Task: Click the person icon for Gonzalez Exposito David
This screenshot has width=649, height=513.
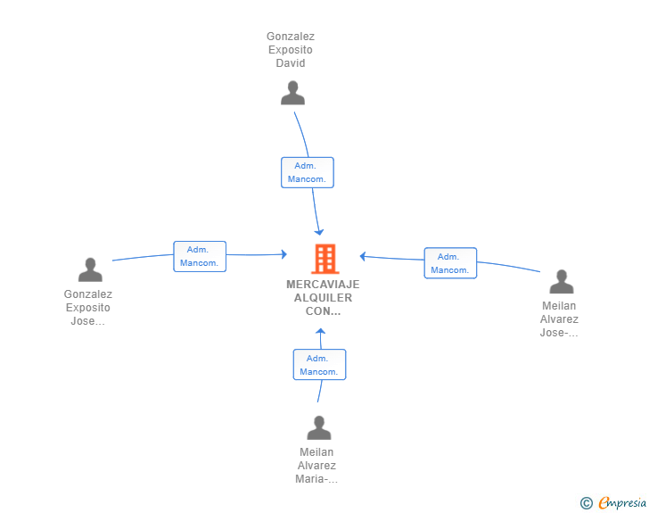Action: pos(292,93)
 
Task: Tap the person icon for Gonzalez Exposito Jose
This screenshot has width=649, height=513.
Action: pos(90,269)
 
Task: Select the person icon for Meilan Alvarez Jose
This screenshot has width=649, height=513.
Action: pos(562,281)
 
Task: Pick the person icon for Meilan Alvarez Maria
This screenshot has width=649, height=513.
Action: pos(319,427)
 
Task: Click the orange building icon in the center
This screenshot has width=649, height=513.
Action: pos(325,259)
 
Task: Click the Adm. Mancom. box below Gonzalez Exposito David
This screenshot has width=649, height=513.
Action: pos(308,172)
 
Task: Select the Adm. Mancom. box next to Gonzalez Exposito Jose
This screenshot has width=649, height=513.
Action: pos(200,257)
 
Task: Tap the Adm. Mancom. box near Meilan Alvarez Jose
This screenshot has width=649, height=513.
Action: pos(450,263)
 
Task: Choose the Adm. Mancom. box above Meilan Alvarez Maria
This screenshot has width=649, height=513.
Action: pos(319,365)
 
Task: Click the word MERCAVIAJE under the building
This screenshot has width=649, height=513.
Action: pos(323,285)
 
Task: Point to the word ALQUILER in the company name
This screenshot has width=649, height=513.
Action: pos(323,297)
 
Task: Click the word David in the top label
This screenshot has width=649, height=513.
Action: pos(291,63)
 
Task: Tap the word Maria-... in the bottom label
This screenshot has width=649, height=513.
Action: pos(316,479)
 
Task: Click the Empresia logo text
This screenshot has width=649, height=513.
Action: pos(622,503)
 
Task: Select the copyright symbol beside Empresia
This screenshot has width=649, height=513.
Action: pos(587,503)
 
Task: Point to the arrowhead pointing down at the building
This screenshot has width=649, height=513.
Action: pos(319,232)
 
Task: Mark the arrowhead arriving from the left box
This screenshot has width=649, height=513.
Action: pos(283,254)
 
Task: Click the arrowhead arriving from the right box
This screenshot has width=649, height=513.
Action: pos(363,257)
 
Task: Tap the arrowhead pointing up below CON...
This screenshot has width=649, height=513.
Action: pos(320,332)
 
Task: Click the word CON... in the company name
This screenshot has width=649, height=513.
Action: pos(323,311)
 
